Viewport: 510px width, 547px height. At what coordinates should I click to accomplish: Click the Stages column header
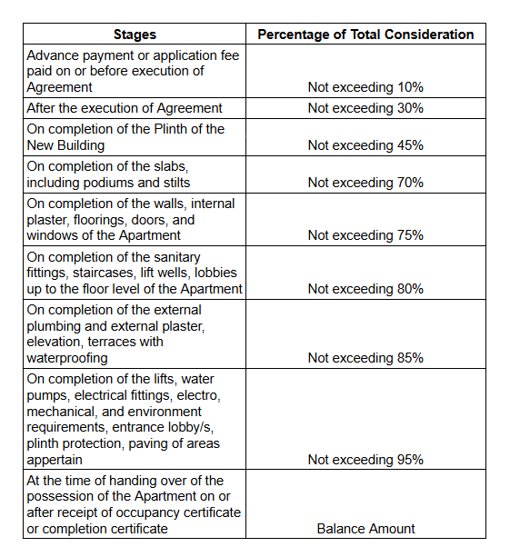click(x=135, y=35)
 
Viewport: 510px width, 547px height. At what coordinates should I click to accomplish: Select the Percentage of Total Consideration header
click(x=365, y=35)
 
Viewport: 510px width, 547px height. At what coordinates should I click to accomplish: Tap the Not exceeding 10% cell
click(x=365, y=87)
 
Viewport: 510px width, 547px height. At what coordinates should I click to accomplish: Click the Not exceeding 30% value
click(x=365, y=108)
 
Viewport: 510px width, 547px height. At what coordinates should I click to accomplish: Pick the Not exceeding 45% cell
click(x=365, y=145)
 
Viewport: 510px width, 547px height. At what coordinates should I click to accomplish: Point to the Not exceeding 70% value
click(x=365, y=183)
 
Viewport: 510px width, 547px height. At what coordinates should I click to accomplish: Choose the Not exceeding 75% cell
click(x=365, y=235)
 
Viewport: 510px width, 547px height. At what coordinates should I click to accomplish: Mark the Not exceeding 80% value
click(x=365, y=289)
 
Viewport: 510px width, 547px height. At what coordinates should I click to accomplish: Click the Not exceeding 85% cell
click(x=365, y=358)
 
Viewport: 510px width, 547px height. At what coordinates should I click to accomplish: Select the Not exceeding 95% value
click(x=365, y=460)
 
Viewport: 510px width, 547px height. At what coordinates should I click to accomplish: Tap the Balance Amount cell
click(x=365, y=529)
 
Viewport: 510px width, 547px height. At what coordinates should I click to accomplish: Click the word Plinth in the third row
click(x=171, y=129)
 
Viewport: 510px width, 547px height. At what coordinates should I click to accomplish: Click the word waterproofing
click(x=67, y=359)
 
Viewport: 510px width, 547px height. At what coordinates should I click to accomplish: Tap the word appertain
click(x=55, y=461)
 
